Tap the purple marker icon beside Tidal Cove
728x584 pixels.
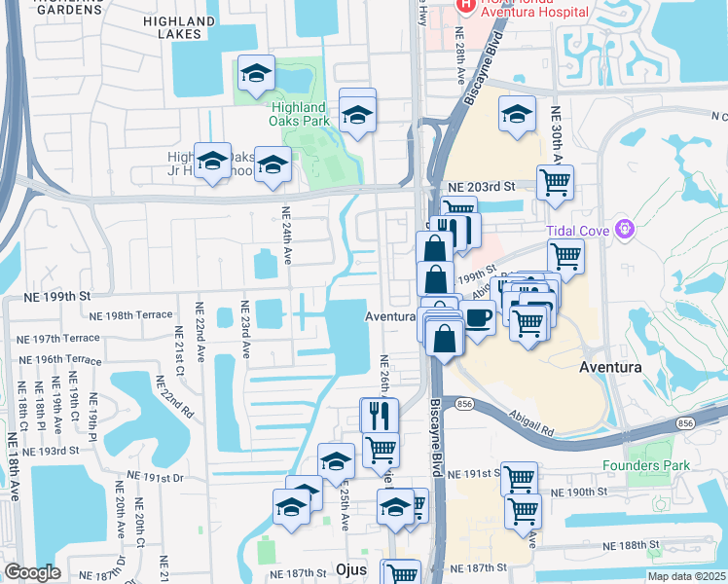(x=624, y=230)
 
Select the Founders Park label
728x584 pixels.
(x=645, y=465)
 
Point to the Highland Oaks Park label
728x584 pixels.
(x=298, y=114)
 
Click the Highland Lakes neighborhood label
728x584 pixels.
(x=178, y=26)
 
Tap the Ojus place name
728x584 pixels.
(x=348, y=568)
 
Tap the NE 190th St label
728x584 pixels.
(x=601, y=493)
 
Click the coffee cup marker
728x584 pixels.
(x=477, y=318)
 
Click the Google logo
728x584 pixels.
(x=33, y=572)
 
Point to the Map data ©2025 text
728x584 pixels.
(x=681, y=575)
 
